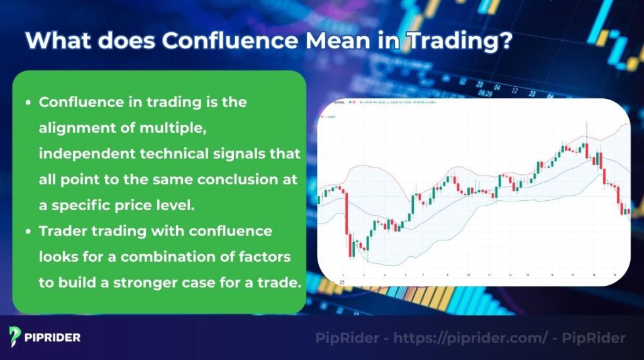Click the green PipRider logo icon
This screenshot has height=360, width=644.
[16, 337]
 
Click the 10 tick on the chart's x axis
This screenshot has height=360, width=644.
[468, 275]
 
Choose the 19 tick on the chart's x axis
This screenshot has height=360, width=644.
[614, 275]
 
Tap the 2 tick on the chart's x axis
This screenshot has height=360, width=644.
[343, 275]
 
